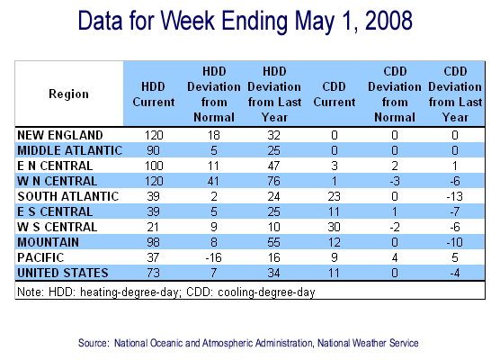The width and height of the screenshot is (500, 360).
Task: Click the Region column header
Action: [x=68, y=94]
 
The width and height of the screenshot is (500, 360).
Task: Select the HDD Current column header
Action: [x=154, y=94]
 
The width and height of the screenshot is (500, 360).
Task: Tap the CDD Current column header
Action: [x=335, y=94]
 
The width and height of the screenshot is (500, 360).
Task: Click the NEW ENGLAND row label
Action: [x=60, y=135]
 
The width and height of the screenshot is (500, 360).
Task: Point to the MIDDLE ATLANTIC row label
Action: [x=70, y=150]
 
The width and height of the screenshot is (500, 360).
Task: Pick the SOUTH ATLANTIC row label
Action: [x=68, y=196]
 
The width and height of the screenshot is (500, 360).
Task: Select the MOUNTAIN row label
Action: [x=49, y=243]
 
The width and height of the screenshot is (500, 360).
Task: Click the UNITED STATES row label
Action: [x=63, y=274]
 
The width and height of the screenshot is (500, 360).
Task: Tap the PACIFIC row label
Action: [x=40, y=258]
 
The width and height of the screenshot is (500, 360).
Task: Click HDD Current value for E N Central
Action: [x=154, y=166]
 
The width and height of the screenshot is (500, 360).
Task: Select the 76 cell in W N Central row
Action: [x=274, y=181]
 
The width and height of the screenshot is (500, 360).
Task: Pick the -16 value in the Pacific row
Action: [x=213, y=258]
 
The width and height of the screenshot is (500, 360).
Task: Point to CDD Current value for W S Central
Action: [x=334, y=227]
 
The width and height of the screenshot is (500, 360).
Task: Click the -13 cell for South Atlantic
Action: [x=454, y=196]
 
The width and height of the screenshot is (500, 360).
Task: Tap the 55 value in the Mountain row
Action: [x=274, y=243]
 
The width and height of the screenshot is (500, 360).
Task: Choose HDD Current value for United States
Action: [x=154, y=274]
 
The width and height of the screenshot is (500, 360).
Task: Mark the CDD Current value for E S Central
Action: [x=334, y=211]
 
